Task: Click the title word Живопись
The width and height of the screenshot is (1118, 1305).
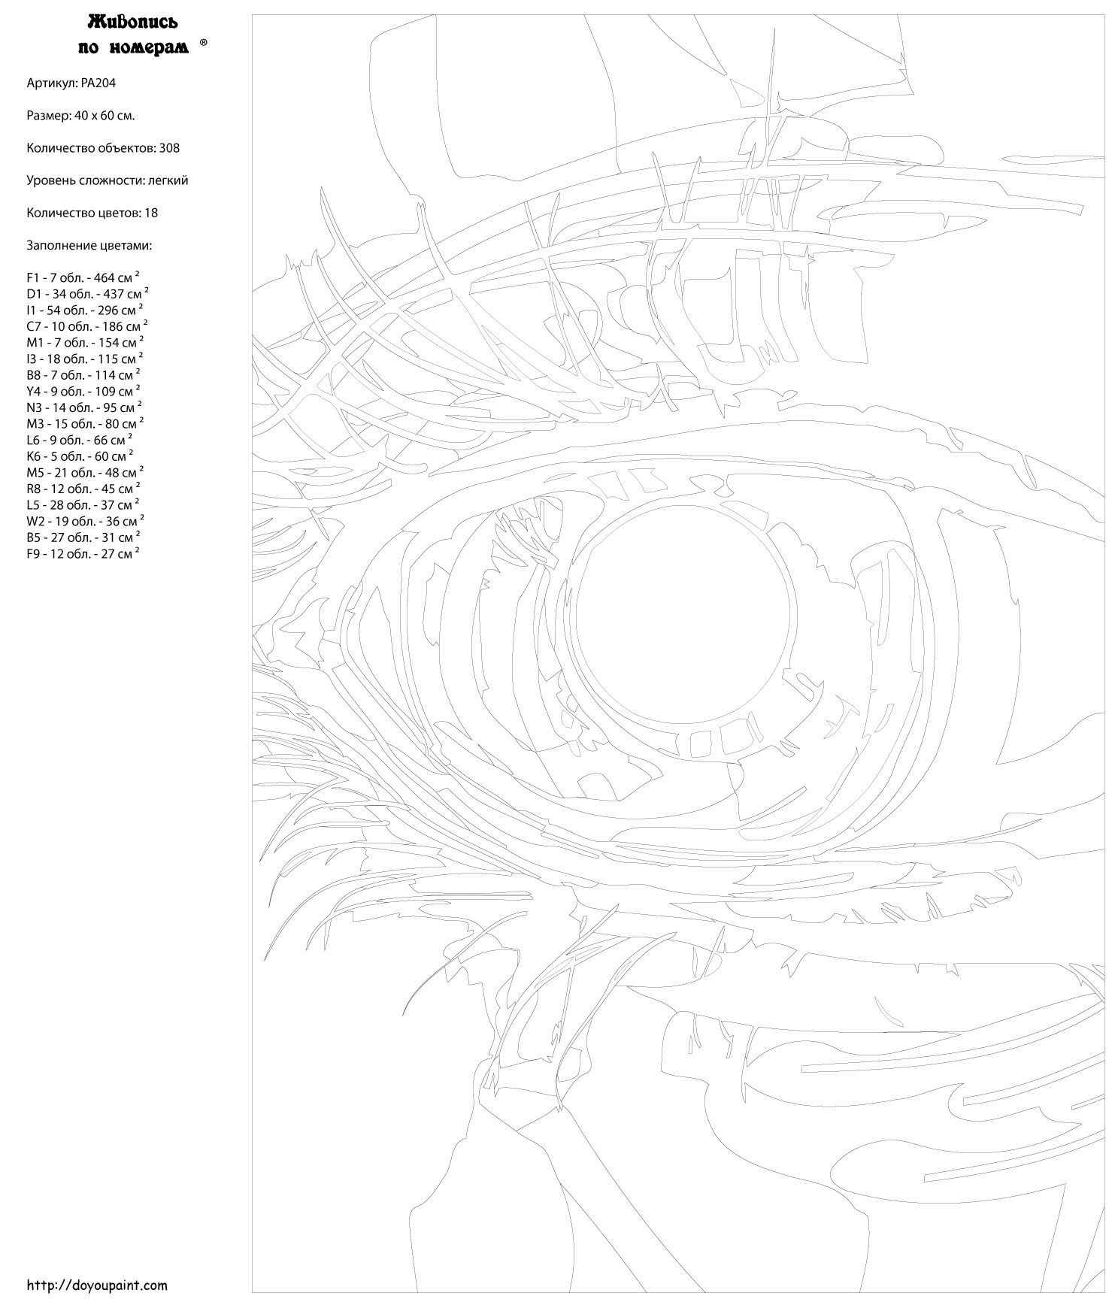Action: click(133, 20)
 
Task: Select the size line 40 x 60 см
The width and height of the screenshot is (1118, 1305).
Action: click(80, 116)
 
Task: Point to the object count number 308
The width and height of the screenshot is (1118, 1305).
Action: click(169, 148)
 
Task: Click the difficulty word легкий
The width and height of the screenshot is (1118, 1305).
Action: click(168, 180)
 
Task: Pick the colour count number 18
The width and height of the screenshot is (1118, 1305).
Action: click(150, 213)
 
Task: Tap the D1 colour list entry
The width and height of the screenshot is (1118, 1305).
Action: click(87, 294)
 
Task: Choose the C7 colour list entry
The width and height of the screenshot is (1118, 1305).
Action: click(86, 326)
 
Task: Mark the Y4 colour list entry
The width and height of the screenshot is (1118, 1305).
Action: click(83, 392)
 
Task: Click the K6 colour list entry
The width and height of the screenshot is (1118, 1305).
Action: click(80, 456)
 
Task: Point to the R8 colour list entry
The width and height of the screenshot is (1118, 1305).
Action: click(83, 489)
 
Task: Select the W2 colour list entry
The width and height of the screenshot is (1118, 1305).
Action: click(85, 521)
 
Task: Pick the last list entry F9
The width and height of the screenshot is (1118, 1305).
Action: click(83, 554)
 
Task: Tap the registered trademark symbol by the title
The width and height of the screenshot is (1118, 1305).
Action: click(204, 44)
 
